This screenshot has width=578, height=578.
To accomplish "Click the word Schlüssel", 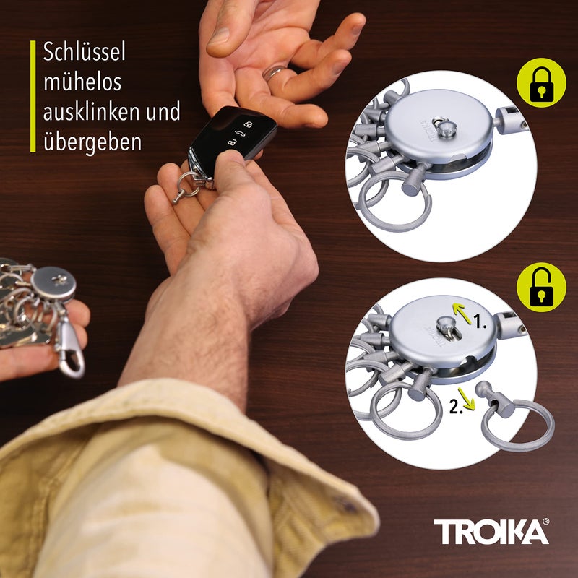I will [85, 53].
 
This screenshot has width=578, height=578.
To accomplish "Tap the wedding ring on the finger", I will [275, 72].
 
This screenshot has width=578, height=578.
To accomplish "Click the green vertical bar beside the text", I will [33, 96].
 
